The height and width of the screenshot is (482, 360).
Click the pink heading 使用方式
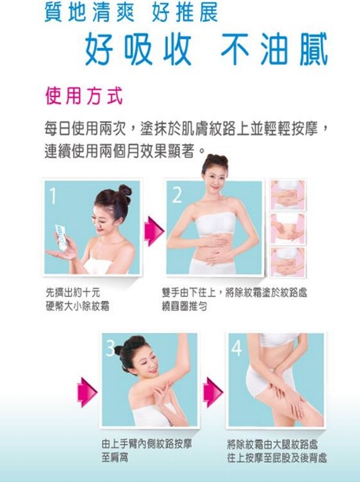coord(84,96)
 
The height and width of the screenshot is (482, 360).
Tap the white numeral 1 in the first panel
coord(53,196)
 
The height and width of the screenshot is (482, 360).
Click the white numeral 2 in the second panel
coord(177,195)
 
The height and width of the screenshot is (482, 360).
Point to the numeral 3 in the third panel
coord(110,348)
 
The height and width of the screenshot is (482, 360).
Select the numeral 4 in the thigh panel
coord(236,348)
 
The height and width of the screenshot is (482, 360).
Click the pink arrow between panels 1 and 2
coord(154,231)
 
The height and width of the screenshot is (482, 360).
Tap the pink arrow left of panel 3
coord(87,392)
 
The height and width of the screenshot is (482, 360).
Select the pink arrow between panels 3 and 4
coord(213,392)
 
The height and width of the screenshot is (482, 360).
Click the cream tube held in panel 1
coord(61,236)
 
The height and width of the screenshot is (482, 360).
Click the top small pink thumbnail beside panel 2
coord(288,194)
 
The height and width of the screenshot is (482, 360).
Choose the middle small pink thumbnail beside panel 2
coord(288,228)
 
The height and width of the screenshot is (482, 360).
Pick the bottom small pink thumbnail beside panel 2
coord(288,262)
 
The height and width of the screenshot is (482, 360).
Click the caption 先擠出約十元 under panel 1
coord(72,292)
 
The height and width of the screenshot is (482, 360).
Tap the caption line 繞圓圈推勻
coord(185,306)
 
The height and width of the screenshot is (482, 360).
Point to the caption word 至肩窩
coord(115,458)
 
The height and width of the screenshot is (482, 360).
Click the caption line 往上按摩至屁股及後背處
coord(277,458)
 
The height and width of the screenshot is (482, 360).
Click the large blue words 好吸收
coord(138,49)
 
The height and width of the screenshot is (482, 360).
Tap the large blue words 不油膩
coord(274,49)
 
